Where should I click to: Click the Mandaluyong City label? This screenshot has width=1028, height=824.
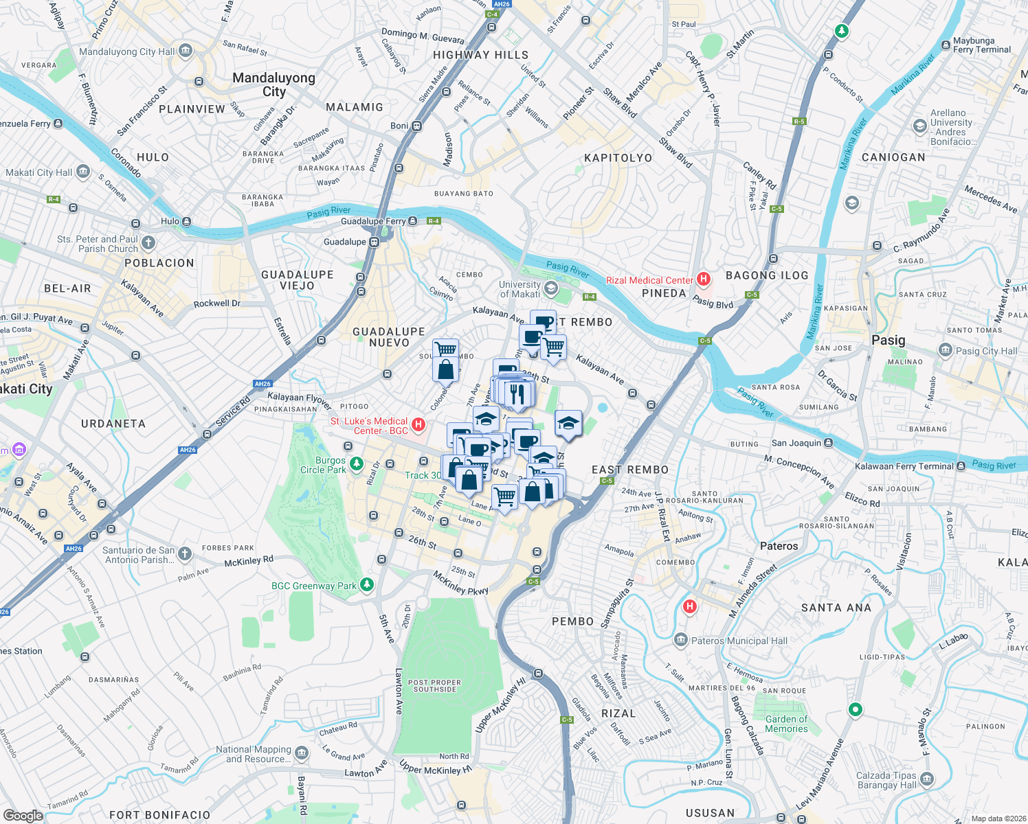click(x=273, y=84)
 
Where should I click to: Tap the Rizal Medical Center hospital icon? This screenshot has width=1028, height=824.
click(x=703, y=279)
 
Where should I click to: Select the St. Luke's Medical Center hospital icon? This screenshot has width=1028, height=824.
click(x=418, y=425)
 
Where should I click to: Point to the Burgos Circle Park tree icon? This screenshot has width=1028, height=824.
click(x=356, y=464)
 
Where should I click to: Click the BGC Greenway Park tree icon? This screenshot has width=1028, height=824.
click(x=368, y=585)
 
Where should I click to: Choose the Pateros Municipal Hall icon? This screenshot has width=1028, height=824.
click(x=680, y=640)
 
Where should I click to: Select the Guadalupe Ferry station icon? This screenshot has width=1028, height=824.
click(x=412, y=220)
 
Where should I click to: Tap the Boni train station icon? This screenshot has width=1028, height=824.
click(x=416, y=126)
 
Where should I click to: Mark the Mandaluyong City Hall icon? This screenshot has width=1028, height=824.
click(x=185, y=51)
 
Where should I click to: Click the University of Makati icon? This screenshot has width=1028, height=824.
click(x=550, y=288)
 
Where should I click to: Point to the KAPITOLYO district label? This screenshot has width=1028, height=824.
click(x=618, y=158)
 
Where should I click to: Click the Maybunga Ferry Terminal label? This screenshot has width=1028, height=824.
click(x=981, y=45)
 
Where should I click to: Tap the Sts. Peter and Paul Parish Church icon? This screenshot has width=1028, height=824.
click(x=148, y=243)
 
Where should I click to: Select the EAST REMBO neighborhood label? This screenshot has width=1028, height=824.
click(x=630, y=470)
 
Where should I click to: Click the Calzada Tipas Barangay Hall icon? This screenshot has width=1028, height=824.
click(x=927, y=779)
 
